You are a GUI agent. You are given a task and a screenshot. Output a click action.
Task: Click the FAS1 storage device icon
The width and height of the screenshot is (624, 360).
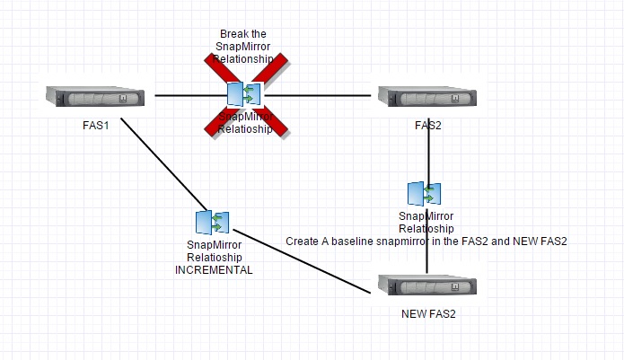pos(95,96)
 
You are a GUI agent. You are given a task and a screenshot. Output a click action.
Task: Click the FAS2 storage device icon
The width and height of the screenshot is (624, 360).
pos(427,96)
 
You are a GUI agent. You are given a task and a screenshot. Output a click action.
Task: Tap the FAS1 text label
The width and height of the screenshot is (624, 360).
pos(95,125)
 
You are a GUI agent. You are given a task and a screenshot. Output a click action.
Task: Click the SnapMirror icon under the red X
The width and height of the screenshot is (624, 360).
pos(244,94)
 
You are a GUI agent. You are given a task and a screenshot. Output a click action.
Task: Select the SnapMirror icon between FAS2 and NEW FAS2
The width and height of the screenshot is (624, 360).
pos(424,194)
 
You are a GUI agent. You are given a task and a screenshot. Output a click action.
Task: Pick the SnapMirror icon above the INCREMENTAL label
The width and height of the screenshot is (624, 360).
pos(212,223)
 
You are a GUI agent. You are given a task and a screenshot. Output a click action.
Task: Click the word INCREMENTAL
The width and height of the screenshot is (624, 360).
pos(215,268)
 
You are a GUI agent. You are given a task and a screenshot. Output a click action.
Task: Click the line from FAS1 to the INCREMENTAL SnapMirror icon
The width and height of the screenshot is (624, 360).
pos(157,162)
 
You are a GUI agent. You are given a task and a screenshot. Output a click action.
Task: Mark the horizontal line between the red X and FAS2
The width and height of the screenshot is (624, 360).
pos(323,95)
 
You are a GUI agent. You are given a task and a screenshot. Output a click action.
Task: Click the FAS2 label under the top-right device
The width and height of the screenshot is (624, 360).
pos(428,125)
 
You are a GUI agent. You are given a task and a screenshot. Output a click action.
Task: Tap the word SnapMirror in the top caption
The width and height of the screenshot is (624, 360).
pos(243,46)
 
